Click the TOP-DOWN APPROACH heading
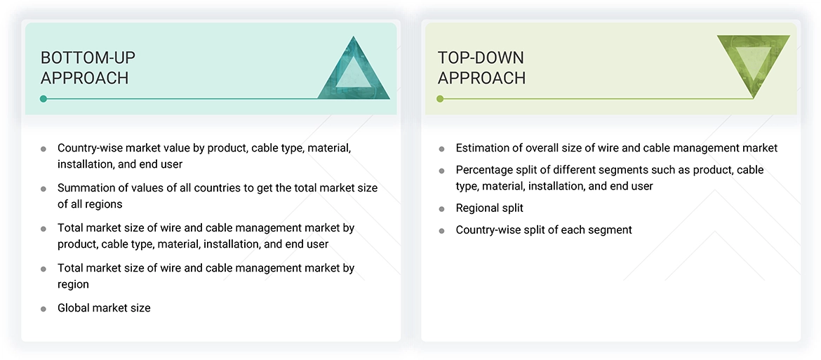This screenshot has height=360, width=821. [x=481, y=67]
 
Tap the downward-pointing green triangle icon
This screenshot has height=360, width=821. [x=753, y=64]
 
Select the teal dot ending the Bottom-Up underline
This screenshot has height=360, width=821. [x=44, y=99]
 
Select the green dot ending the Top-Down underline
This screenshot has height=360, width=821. [x=440, y=99]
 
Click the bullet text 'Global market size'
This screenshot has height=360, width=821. [x=104, y=308]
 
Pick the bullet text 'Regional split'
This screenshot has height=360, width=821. [x=489, y=208]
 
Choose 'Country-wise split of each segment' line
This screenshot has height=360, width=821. [x=544, y=229]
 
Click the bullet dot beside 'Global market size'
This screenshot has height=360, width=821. [x=44, y=309]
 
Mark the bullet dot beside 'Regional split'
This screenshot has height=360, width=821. [x=441, y=209]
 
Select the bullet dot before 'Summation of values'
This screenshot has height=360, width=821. [x=44, y=189]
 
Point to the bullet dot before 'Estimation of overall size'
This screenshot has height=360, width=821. [x=441, y=149]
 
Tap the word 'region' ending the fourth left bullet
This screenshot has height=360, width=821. [x=73, y=285]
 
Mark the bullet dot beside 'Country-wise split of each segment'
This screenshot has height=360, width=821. [x=441, y=230]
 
